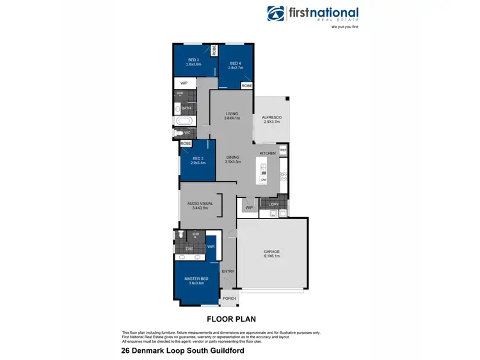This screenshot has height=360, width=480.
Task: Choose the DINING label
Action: (232, 159)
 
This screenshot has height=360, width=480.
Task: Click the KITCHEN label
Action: (268, 154)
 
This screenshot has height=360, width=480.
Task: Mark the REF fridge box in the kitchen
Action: (283, 150)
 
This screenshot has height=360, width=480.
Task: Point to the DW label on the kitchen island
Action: (263, 180)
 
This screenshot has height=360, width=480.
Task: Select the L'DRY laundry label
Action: (274, 204)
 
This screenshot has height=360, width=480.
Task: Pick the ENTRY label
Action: (228, 271)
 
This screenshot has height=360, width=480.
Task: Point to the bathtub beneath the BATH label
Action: (180, 120)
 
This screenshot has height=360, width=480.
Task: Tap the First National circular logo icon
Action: (276, 14)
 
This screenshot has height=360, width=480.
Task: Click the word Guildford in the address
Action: (223, 351)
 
